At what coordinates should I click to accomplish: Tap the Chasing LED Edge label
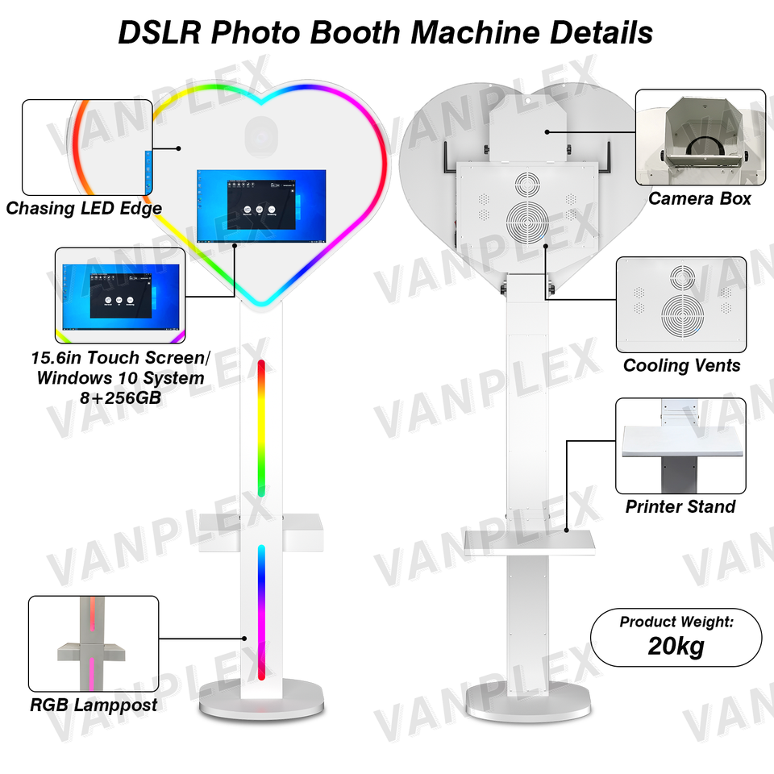coord(84,209)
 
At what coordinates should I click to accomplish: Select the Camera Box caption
coord(700,198)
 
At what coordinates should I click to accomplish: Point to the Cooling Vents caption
coord(681,366)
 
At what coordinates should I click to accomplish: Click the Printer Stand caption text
coord(680,507)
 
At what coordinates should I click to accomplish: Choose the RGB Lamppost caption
coord(94,705)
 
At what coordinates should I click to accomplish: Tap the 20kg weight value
coord(676,647)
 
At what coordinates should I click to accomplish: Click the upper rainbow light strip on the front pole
coord(262,427)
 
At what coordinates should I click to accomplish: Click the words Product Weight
coord(676,622)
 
